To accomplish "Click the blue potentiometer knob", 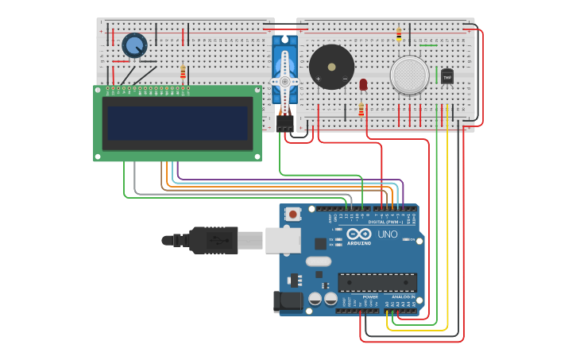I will click(x=134, y=45).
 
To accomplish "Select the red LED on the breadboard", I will click(x=363, y=83).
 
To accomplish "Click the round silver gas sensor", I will click(x=409, y=75).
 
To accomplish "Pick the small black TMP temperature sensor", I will click(x=446, y=76).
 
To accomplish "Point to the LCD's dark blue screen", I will click(x=177, y=123).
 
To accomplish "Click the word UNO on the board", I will click(x=386, y=234).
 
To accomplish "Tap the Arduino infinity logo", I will click(x=358, y=234).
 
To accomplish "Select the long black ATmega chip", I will click(x=377, y=282).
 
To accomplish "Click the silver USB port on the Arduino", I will click(x=282, y=239).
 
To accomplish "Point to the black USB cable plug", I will click(x=213, y=240).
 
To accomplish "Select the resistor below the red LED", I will click(x=361, y=109).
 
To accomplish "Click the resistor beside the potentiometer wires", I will click(x=183, y=73).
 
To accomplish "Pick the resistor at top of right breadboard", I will click(x=399, y=34).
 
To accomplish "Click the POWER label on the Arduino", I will click(x=370, y=296).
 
